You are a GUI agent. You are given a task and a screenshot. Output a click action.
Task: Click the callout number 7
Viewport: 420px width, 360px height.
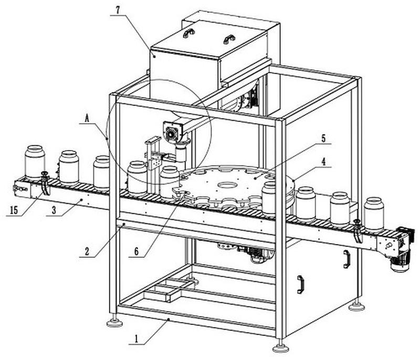point(118,9)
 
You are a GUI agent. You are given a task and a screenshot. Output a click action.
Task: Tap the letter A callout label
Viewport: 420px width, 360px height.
point(87,118)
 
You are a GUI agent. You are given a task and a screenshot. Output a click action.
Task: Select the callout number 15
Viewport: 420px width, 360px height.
point(14,210)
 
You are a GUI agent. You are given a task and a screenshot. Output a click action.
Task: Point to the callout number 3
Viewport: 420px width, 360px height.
point(54,210)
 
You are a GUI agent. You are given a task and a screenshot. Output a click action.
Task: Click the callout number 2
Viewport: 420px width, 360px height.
point(87,251)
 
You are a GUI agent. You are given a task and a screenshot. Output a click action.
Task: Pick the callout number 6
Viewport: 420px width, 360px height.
point(136,251)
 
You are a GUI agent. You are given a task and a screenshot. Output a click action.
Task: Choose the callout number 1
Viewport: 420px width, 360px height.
point(136,339)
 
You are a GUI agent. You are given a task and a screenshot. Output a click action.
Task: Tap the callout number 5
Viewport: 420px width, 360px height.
point(323,139)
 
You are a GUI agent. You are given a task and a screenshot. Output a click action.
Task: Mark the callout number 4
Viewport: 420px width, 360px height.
point(323,162)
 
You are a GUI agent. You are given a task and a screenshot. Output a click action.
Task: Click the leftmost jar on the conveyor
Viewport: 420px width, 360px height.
point(35,162)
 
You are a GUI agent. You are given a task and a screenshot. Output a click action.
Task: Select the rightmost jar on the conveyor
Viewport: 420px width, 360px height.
point(374,214)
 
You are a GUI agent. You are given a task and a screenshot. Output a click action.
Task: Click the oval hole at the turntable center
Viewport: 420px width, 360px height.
point(226,185)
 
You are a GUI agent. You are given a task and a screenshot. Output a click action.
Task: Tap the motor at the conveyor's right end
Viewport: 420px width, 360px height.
point(401,249)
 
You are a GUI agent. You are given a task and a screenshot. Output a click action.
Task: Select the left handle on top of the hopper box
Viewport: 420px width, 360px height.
point(188,33)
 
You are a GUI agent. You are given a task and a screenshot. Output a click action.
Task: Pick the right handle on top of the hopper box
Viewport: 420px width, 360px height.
point(229,39)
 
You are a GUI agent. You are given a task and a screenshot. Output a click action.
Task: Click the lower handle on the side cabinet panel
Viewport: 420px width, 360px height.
point(300,284)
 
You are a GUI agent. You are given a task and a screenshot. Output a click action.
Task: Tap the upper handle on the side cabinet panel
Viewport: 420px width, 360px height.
point(346,259)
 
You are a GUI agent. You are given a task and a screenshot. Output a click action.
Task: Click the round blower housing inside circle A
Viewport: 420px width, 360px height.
point(171,133)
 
